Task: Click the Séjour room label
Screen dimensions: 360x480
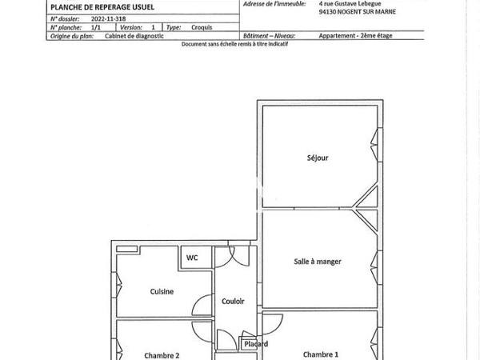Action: [x=318, y=158]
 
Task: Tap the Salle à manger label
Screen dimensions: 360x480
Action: [x=318, y=261]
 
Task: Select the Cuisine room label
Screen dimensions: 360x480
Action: [x=162, y=292]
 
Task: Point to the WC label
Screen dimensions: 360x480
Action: [x=192, y=258]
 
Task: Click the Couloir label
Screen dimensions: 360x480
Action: [x=233, y=302]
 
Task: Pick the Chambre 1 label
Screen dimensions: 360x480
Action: [x=321, y=354]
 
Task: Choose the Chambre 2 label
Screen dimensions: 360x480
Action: [x=162, y=355]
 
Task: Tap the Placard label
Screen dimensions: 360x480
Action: [x=256, y=344]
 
